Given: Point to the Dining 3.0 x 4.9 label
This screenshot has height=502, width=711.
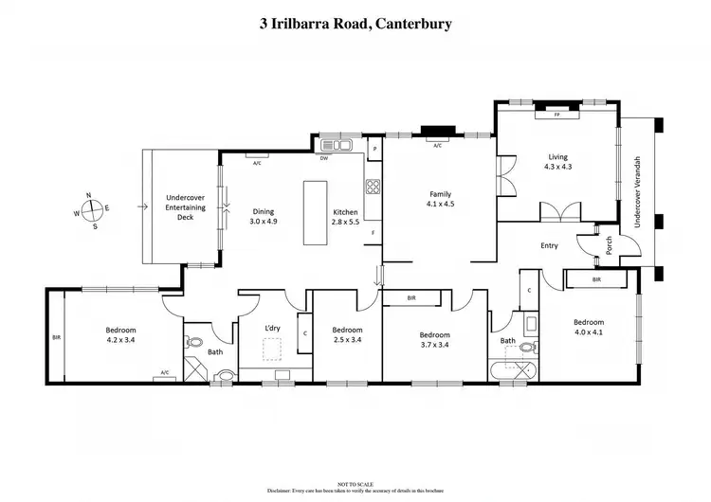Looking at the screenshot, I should point(264,216).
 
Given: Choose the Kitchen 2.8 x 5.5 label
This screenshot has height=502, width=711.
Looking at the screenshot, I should point(344,216).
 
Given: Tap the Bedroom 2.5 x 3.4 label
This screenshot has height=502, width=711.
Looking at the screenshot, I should point(347,334).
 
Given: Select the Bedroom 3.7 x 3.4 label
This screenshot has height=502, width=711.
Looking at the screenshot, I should point(436,339).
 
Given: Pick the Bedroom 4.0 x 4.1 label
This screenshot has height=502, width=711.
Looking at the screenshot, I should point(588,327).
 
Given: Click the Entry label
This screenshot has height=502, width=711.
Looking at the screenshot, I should point(549,245).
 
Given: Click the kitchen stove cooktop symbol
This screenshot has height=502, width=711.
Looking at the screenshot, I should point(373,187).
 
